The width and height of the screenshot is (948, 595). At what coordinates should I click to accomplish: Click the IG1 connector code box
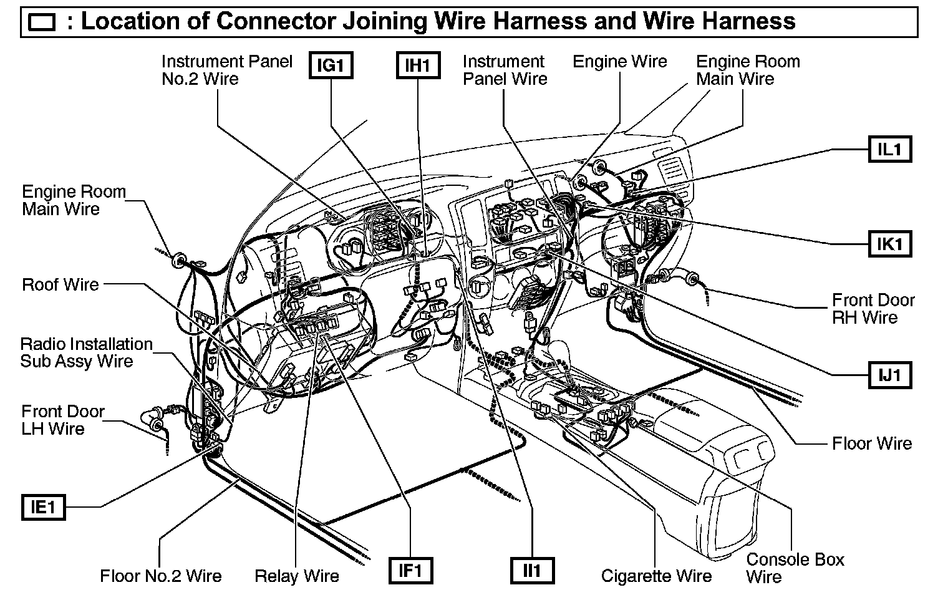coord(331,65)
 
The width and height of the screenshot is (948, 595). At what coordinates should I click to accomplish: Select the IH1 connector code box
coord(418,65)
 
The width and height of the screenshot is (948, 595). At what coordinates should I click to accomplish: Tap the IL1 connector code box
coord(890,150)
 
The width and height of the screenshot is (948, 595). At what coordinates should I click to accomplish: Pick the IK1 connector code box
coord(890,243)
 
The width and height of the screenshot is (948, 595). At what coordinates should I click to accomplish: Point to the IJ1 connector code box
coord(890,375)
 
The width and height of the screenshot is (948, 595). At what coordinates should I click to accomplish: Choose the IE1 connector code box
coord(43,507)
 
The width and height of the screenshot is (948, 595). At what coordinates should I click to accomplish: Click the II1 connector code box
coord(531,570)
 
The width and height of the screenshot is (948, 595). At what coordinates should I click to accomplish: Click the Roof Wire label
coord(60,285)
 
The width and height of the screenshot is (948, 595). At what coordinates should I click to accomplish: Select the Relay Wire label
coord(297,576)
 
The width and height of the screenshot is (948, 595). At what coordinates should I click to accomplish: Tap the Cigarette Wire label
coord(656,576)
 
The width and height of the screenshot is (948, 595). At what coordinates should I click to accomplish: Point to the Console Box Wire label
coord(795,568)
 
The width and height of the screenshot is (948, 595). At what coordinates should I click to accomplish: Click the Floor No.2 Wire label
coord(161,576)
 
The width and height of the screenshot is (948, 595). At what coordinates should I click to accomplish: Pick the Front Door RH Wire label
coord(873,309)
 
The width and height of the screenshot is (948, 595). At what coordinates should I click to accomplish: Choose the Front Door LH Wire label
coord(62,420)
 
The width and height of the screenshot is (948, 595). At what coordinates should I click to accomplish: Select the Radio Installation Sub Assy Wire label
coord(86,352)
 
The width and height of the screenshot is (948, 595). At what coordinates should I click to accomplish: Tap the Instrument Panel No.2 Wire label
coord(226,70)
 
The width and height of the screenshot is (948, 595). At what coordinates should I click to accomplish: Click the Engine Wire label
coord(619,62)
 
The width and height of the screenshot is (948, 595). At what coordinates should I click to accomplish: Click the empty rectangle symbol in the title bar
coord(42,23)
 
